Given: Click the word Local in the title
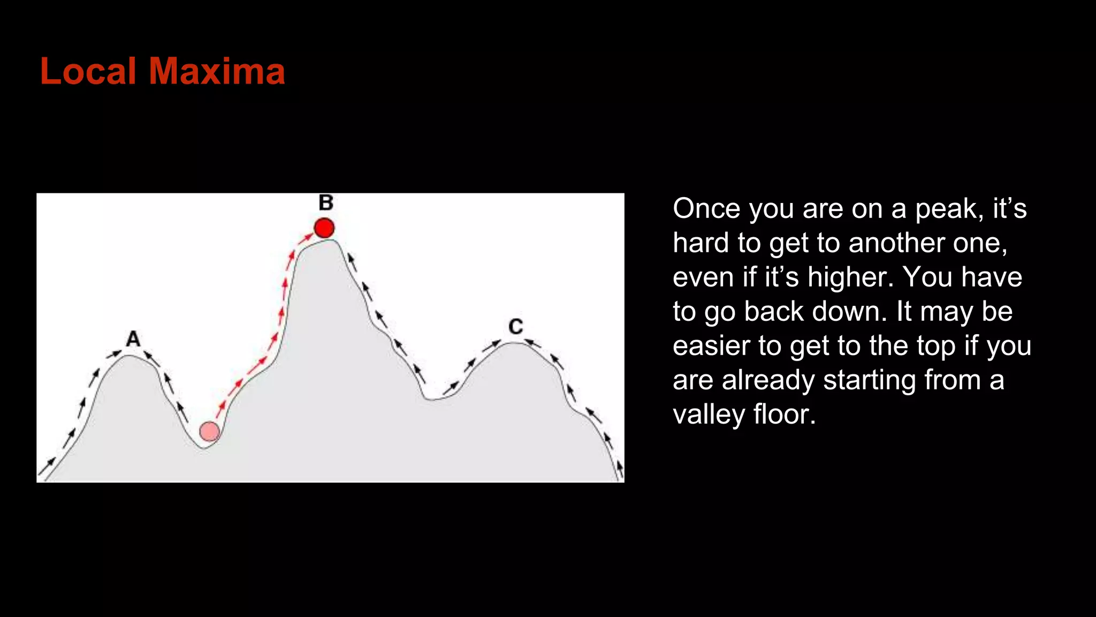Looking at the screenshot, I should [88, 71].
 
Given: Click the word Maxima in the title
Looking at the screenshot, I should [216, 71].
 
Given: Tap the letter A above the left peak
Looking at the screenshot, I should [133, 339].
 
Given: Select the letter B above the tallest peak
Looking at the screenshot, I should [326, 203].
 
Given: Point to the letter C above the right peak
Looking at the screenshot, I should [516, 327].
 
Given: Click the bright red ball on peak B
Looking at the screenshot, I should [324, 228].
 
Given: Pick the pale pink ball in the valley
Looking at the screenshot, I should [209, 431].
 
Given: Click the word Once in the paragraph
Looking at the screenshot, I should [706, 208].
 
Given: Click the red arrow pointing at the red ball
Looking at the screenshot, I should [306, 237].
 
